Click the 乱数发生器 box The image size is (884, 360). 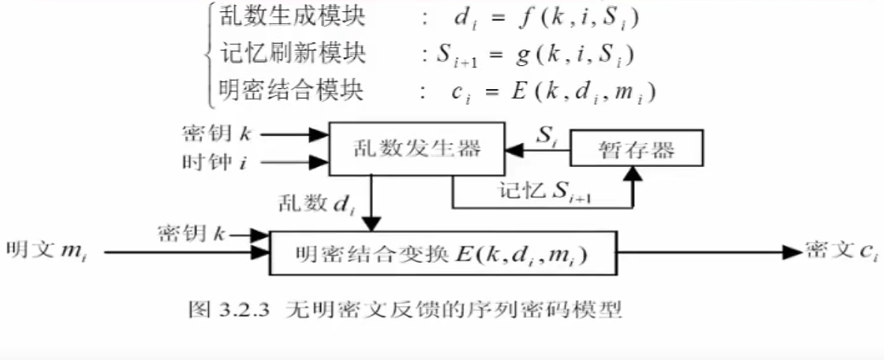click(417, 149)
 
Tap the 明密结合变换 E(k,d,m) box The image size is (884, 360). click(442, 254)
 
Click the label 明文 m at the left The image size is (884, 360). click(45, 250)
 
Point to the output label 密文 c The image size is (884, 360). click(842, 251)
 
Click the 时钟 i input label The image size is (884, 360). click(214, 161)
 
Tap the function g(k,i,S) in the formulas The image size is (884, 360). click(577, 54)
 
